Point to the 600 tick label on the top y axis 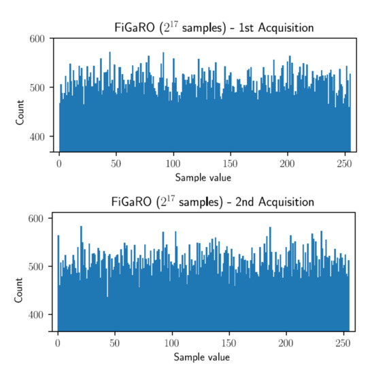(x=37, y=39)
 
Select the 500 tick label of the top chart (x=37, y=88)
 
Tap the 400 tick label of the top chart (x=37, y=136)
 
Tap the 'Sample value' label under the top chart (x=202, y=178)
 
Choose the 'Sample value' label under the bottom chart (x=202, y=357)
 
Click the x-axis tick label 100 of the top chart (x=173, y=165)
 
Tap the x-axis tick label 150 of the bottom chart (x=231, y=343)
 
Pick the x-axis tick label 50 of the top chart (x=116, y=165)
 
